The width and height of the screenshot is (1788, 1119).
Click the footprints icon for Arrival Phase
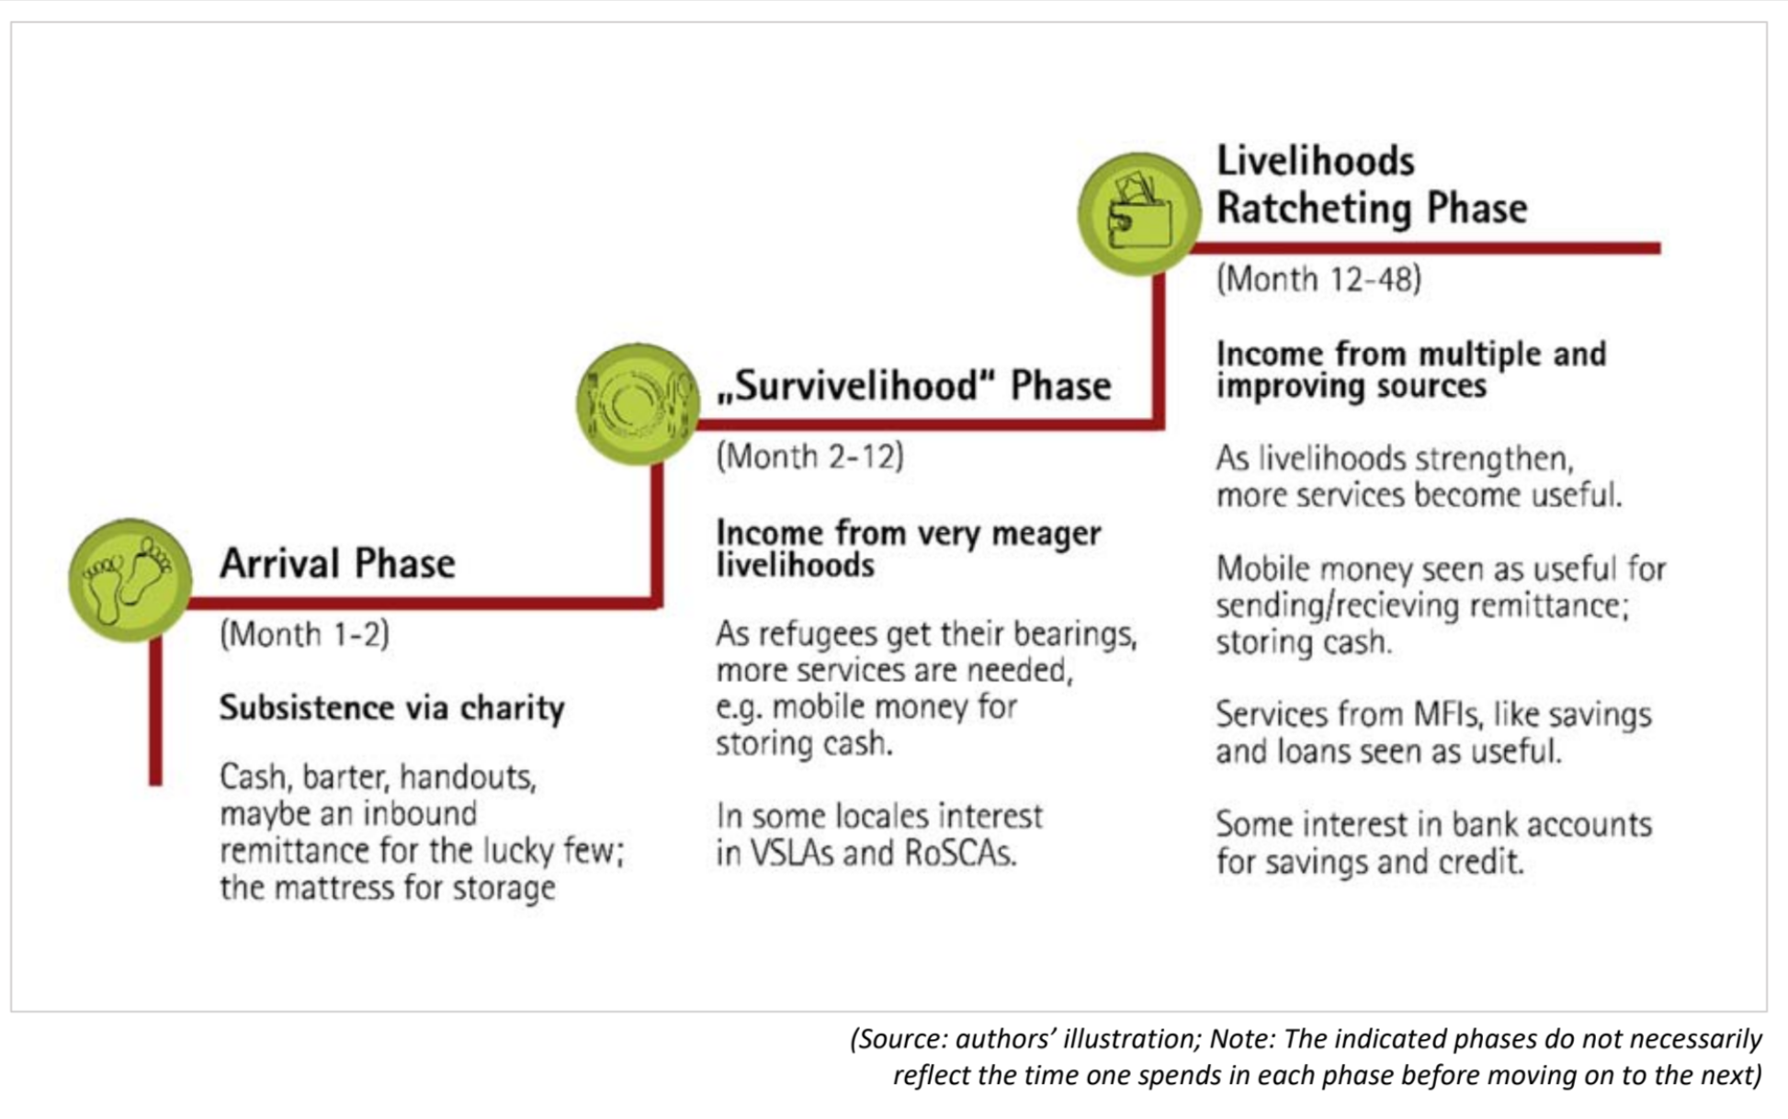tap(130, 580)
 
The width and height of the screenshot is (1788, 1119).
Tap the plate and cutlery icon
tap(638, 403)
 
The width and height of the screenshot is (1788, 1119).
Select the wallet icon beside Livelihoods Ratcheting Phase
tap(1139, 214)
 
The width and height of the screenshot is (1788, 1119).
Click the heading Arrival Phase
tap(337, 563)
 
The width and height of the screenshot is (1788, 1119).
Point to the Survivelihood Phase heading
tap(914, 386)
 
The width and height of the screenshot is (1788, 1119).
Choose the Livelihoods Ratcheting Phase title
tap(1372, 185)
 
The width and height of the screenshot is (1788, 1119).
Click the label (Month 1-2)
tap(304, 634)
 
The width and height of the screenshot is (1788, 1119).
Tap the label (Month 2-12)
tap(809, 457)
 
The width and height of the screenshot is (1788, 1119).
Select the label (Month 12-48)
tap(1318, 279)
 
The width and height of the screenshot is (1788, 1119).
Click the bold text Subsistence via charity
tap(392, 708)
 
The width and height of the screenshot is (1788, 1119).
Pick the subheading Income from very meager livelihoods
tap(908, 548)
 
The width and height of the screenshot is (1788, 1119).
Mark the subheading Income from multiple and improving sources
tap(1411, 369)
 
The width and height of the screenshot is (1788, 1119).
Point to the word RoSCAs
tap(960, 853)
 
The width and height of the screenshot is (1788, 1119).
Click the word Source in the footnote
tap(901, 1039)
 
